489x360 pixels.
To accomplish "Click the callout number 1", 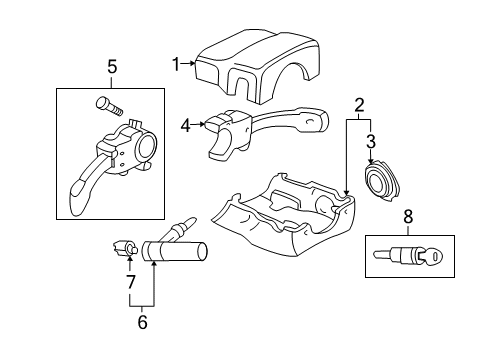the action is tap(176, 64).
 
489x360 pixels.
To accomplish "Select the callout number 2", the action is tap(359, 105).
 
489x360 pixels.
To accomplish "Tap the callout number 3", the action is tap(371, 141).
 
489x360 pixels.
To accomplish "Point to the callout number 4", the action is tap(186, 126).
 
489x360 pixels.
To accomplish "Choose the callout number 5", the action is tap(112, 67).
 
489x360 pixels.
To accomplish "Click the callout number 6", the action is tap(142, 322).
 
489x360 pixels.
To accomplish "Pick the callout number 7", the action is tap(131, 282).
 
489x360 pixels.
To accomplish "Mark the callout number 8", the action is tap(408, 217).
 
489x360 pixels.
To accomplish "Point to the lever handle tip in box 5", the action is tap(76, 197).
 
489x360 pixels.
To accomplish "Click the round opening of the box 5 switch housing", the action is tap(146, 147).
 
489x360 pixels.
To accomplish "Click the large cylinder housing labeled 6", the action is tap(174, 252).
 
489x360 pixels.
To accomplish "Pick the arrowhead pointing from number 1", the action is tap(192, 63).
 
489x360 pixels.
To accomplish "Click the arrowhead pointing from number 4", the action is tap(202, 124).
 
